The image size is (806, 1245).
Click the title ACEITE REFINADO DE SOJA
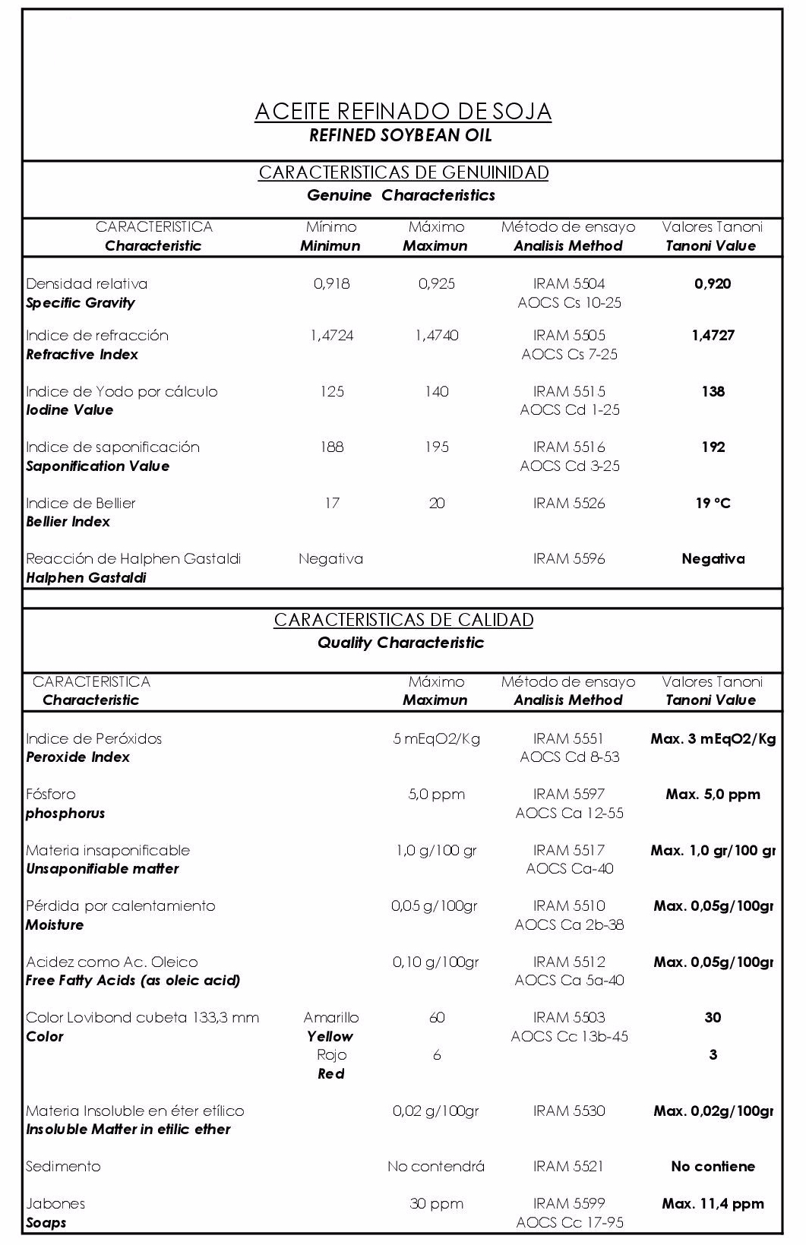pyautogui.click(x=403, y=112)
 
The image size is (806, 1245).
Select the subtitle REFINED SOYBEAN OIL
pyautogui.click(x=400, y=136)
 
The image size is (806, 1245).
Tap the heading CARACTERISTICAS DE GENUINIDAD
pyautogui.click(x=403, y=173)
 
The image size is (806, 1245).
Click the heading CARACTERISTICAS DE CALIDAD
pyautogui.click(x=403, y=620)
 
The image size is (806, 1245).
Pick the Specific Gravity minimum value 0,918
pyautogui.click(x=331, y=284)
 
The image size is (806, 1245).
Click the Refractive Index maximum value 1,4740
pyautogui.click(x=437, y=336)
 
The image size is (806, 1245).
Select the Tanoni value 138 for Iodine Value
pyautogui.click(x=713, y=392)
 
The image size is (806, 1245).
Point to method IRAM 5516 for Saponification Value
pyautogui.click(x=569, y=447)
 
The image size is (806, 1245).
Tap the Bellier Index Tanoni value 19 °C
pyautogui.click(x=713, y=504)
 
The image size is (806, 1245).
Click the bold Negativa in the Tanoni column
pyautogui.click(x=713, y=559)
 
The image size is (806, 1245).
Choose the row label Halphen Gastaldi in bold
pyautogui.click(x=86, y=578)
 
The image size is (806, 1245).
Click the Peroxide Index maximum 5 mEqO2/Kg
pyautogui.click(x=437, y=738)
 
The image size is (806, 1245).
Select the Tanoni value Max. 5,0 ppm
pyautogui.click(x=713, y=795)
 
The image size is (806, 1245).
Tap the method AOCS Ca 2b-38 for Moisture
pyautogui.click(x=569, y=924)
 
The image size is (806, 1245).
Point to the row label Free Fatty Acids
pyautogui.click(x=133, y=981)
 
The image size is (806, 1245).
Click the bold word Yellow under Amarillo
pyautogui.click(x=330, y=1037)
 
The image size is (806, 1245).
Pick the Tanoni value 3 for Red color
pyautogui.click(x=713, y=1055)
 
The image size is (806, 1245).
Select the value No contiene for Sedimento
pyautogui.click(x=713, y=1167)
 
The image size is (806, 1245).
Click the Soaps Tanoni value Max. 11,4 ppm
pyautogui.click(x=713, y=1204)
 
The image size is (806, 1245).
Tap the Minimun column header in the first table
pyautogui.click(x=330, y=246)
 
